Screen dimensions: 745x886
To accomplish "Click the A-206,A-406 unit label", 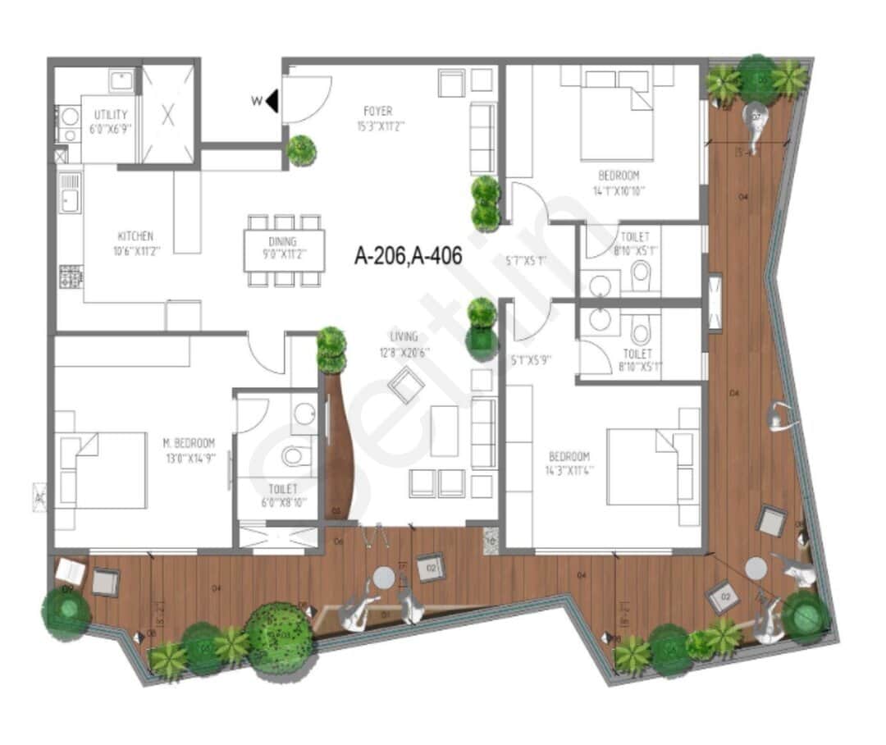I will tap(408, 256).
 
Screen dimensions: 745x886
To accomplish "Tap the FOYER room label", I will tap(377, 111).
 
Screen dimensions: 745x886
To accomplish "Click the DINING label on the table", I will tap(283, 242).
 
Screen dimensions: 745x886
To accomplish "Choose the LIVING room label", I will tap(404, 336).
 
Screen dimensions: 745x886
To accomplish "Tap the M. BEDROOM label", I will tap(189, 444).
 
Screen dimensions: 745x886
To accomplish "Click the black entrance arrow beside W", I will tap(272, 102).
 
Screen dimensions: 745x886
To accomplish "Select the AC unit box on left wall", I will tap(39, 496).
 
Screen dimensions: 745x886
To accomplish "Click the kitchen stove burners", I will tap(71, 277).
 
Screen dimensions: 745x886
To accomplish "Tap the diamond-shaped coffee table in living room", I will tap(406, 386).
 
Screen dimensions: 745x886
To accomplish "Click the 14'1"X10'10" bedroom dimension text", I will tap(619, 190).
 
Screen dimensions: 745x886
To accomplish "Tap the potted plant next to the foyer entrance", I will tap(302, 151).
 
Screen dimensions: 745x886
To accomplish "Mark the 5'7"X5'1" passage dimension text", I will tap(525, 262).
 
